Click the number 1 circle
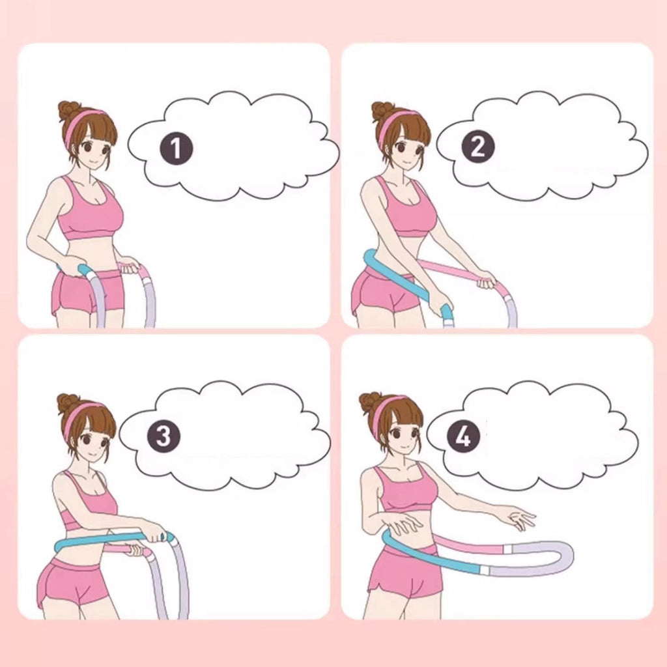(x=176, y=149)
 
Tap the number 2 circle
(x=478, y=147)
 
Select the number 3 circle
(x=163, y=436)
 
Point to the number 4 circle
(x=464, y=436)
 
